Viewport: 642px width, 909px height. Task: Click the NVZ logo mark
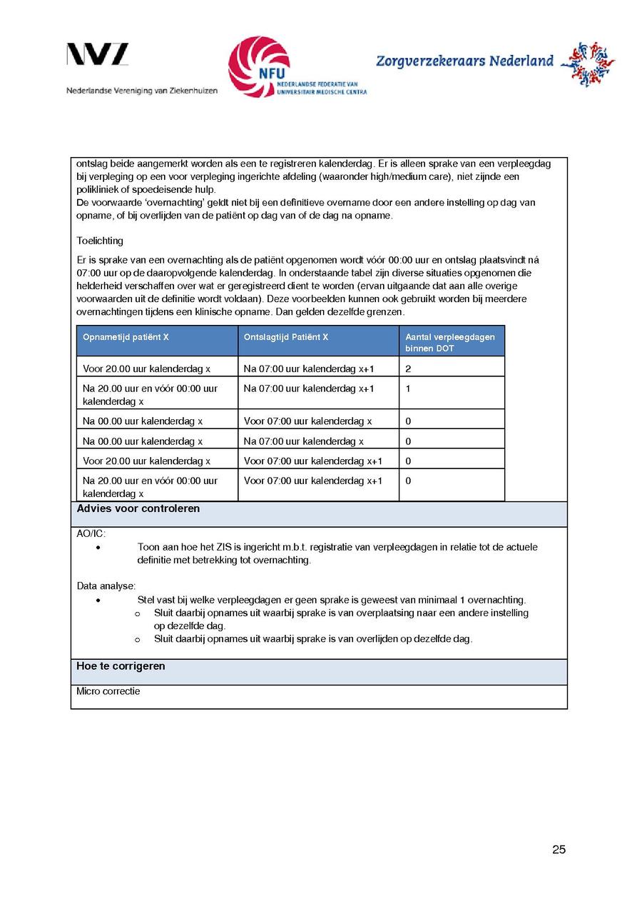tap(98, 55)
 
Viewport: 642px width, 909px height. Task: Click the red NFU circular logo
tap(259, 66)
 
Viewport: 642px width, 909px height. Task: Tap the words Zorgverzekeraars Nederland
tap(464, 61)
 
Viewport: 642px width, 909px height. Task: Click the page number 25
tap(559, 849)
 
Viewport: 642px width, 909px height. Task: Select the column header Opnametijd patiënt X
tap(126, 337)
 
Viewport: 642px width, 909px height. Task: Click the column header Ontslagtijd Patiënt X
tap(286, 337)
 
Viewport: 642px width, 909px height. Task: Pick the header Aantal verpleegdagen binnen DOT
tap(450, 342)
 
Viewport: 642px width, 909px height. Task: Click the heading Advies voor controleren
tap(138, 509)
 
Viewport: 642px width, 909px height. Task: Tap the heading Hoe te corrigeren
tap(121, 666)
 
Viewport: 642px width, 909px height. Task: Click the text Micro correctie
tap(108, 691)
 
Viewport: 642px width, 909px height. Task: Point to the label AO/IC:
tap(91, 533)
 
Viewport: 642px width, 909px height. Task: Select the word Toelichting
tap(100, 241)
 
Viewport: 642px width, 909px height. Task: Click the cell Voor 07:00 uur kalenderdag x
tap(307, 421)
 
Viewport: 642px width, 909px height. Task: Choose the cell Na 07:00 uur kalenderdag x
tap(304, 441)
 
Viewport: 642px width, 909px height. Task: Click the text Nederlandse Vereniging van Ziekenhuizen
tap(142, 91)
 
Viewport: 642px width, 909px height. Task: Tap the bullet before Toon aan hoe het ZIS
tap(98, 548)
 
